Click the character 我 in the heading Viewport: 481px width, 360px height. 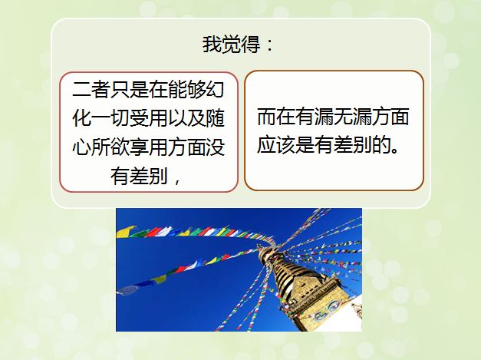click(212, 45)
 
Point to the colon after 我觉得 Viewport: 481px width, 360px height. click(269, 45)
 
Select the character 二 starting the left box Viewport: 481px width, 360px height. click(81, 90)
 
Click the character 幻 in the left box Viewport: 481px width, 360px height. click(216, 90)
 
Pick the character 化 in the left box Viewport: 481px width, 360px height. click(81, 118)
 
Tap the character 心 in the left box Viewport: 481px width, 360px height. click(81, 147)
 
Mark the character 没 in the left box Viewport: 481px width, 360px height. click(216, 147)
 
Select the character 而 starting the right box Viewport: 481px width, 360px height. click(266, 117)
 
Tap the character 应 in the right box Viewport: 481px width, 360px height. click(266, 145)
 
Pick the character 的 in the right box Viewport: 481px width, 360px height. click(381, 145)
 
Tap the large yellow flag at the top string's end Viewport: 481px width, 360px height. click(125, 231)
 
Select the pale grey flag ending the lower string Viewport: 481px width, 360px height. click(127, 290)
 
